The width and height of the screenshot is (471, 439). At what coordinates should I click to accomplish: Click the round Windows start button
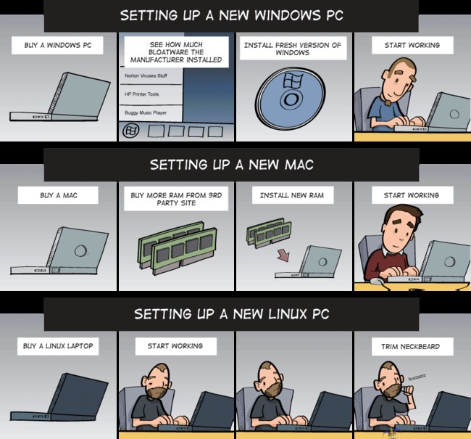click(x=130, y=131)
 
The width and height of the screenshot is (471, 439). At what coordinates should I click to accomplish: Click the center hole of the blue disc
click(x=291, y=99)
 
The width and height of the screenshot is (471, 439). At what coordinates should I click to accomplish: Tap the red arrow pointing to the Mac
click(x=283, y=255)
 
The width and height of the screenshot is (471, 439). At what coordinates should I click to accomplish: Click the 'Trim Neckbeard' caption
click(x=410, y=346)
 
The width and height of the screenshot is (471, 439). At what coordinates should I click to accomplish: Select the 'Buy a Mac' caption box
click(x=58, y=195)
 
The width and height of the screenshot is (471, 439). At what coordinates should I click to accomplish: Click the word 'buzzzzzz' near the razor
click(x=417, y=377)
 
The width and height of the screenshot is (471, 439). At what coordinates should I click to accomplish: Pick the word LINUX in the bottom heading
click(x=288, y=313)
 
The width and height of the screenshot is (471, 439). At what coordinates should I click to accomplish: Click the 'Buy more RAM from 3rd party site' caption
click(x=176, y=199)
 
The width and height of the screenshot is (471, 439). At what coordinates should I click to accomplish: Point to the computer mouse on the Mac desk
click(x=377, y=282)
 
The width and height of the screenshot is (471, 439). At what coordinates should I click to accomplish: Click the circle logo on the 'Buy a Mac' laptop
click(x=80, y=250)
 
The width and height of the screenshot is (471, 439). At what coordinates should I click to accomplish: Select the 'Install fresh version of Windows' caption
click(x=293, y=49)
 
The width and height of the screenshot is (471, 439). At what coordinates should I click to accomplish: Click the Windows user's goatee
click(x=388, y=102)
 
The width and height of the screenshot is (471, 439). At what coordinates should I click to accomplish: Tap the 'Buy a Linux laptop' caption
click(x=58, y=346)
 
